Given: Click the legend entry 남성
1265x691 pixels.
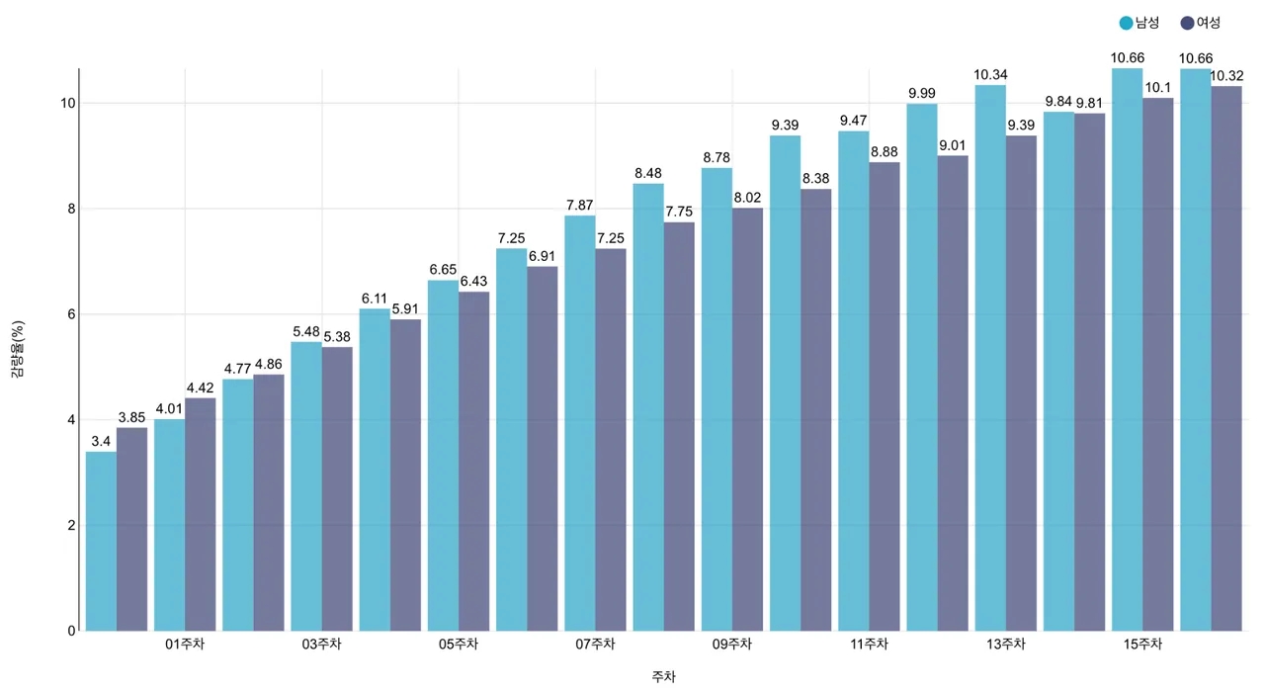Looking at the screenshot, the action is [1139, 23].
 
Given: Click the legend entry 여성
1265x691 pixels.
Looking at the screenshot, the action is [1201, 23].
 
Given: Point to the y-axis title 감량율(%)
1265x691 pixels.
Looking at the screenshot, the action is [18, 349].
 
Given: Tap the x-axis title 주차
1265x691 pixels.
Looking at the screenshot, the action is [663, 676].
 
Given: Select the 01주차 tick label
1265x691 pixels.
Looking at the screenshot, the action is [185, 645].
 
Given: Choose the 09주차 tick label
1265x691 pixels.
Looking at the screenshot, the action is [732, 645].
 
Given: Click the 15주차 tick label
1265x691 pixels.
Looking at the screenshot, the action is [1142, 645].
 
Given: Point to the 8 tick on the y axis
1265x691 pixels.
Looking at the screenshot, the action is [71, 209].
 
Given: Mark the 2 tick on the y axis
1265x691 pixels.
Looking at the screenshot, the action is [71, 526].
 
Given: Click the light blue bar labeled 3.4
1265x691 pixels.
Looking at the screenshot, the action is [101, 542].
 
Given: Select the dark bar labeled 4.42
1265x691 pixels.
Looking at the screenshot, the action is [201, 515].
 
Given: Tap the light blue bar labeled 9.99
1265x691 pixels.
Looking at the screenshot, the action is [922, 368].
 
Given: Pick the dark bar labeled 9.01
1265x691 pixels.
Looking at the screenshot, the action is [953, 393].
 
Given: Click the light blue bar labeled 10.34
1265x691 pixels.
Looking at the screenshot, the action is [990, 358].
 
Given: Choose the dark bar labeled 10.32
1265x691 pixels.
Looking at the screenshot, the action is [1226, 359].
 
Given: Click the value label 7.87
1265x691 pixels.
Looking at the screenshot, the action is [580, 205].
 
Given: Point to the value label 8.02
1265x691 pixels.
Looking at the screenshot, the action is [748, 198].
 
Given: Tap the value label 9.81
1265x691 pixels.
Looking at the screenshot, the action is [1089, 104].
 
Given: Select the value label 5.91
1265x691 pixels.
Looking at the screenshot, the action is [405, 309].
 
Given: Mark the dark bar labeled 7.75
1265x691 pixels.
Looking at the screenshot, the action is [679, 427].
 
